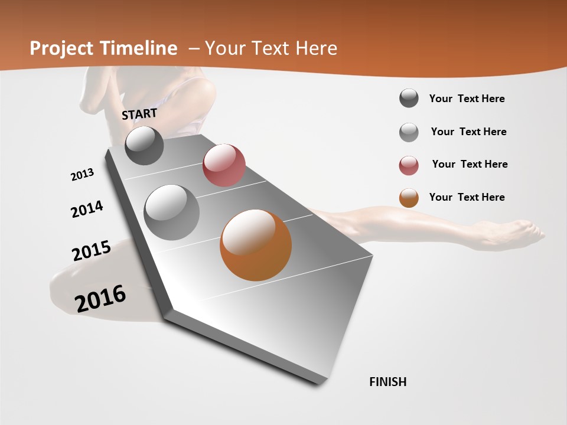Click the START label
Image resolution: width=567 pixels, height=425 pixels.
tap(139, 114)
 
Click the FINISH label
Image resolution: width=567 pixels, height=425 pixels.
tap(387, 382)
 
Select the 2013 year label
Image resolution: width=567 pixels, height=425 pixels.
tap(82, 175)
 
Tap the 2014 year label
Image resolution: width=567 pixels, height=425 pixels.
tap(87, 210)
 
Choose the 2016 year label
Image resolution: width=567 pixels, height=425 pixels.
tap(100, 298)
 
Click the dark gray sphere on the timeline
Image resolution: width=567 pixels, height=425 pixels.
tap(145, 145)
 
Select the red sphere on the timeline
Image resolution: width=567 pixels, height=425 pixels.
tap(224, 165)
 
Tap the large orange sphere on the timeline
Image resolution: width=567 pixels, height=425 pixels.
tap(256, 245)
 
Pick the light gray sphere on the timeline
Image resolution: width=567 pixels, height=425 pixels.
tap(172, 212)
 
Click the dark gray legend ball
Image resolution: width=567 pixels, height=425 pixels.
tap(409, 99)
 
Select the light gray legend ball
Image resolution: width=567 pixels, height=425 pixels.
tap(409, 132)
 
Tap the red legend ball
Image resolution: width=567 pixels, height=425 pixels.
tap(409, 165)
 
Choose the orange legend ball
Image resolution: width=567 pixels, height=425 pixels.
tap(409, 198)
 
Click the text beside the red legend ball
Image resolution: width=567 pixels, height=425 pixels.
tap(470, 164)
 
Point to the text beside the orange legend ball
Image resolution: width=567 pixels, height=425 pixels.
tap(467, 197)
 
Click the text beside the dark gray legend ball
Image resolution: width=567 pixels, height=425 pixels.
tap(467, 99)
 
